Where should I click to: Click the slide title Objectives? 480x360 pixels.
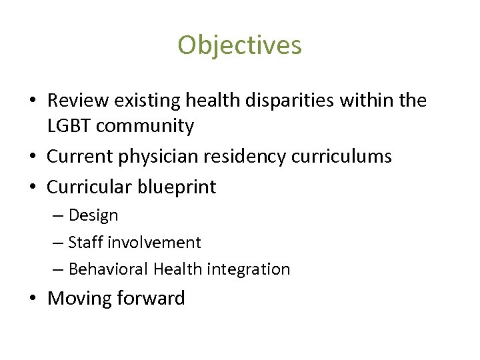(x=239, y=45)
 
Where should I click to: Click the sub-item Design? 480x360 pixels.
(x=93, y=215)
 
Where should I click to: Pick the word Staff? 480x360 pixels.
(x=83, y=242)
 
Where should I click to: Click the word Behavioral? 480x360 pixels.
(x=109, y=269)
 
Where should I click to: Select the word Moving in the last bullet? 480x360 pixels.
(x=79, y=298)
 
